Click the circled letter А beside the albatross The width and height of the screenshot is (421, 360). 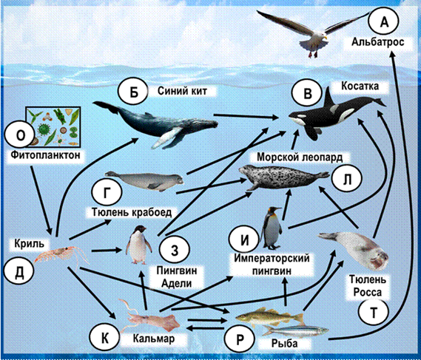pos(384,21)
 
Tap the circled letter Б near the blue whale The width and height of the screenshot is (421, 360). pos(133,92)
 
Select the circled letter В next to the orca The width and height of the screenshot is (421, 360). pos(307,93)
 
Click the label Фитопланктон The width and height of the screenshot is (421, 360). pos(45,154)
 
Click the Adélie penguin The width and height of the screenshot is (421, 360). pos(138,245)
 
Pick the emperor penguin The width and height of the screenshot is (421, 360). pos(272,228)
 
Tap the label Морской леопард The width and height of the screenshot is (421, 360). pos(300,157)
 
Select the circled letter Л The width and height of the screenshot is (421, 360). pos(347,178)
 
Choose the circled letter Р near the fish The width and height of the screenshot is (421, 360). pos(240,339)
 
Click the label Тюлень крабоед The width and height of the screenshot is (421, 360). pos(132,212)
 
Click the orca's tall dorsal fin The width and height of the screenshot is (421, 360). pos(330,98)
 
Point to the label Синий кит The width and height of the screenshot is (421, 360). pos(182,91)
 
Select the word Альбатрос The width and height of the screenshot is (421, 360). pos(378,42)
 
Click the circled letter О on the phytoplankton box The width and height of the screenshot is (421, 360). pos(20,135)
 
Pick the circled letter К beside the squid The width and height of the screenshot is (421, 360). pos(104,338)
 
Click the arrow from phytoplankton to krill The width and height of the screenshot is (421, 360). pos(41,200)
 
